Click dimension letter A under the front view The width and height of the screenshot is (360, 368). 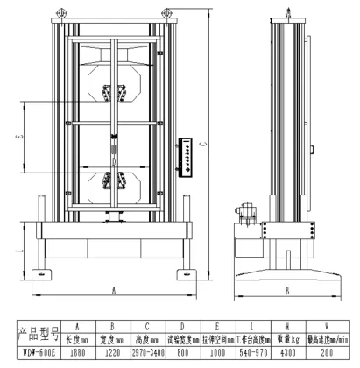click(x=114, y=288)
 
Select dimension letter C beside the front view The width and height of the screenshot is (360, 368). click(x=203, y=145)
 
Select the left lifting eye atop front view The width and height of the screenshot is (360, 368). click(x=60, y=12)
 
